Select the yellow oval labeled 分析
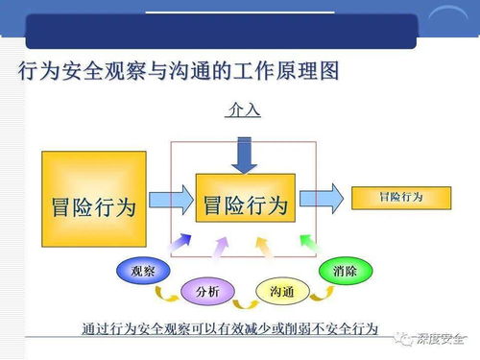pos(205,290)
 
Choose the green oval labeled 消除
pos(345,272)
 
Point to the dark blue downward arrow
pos(244,154)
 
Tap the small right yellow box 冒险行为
pos(400,197)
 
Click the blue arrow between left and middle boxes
pos(171,202)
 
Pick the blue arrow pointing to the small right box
pos(321,199)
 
